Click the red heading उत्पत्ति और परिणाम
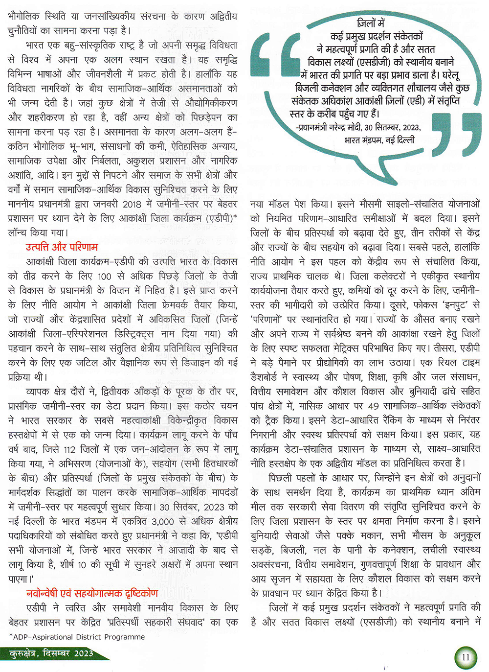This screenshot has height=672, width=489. pos(62,247)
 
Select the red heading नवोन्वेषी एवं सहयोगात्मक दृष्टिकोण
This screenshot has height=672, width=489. pos(92,593)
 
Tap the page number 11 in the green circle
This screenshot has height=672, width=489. pos(465,657)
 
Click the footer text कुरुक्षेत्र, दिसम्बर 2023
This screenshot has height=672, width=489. pos(51,654)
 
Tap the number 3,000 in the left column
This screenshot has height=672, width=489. pos(163,521)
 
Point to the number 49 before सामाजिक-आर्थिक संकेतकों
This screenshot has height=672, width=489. pos(373,406)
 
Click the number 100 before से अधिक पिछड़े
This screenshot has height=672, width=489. pos(104,276)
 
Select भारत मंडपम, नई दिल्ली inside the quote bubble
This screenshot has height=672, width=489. pos(379,140)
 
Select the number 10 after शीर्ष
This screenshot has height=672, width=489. pos(81,564)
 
